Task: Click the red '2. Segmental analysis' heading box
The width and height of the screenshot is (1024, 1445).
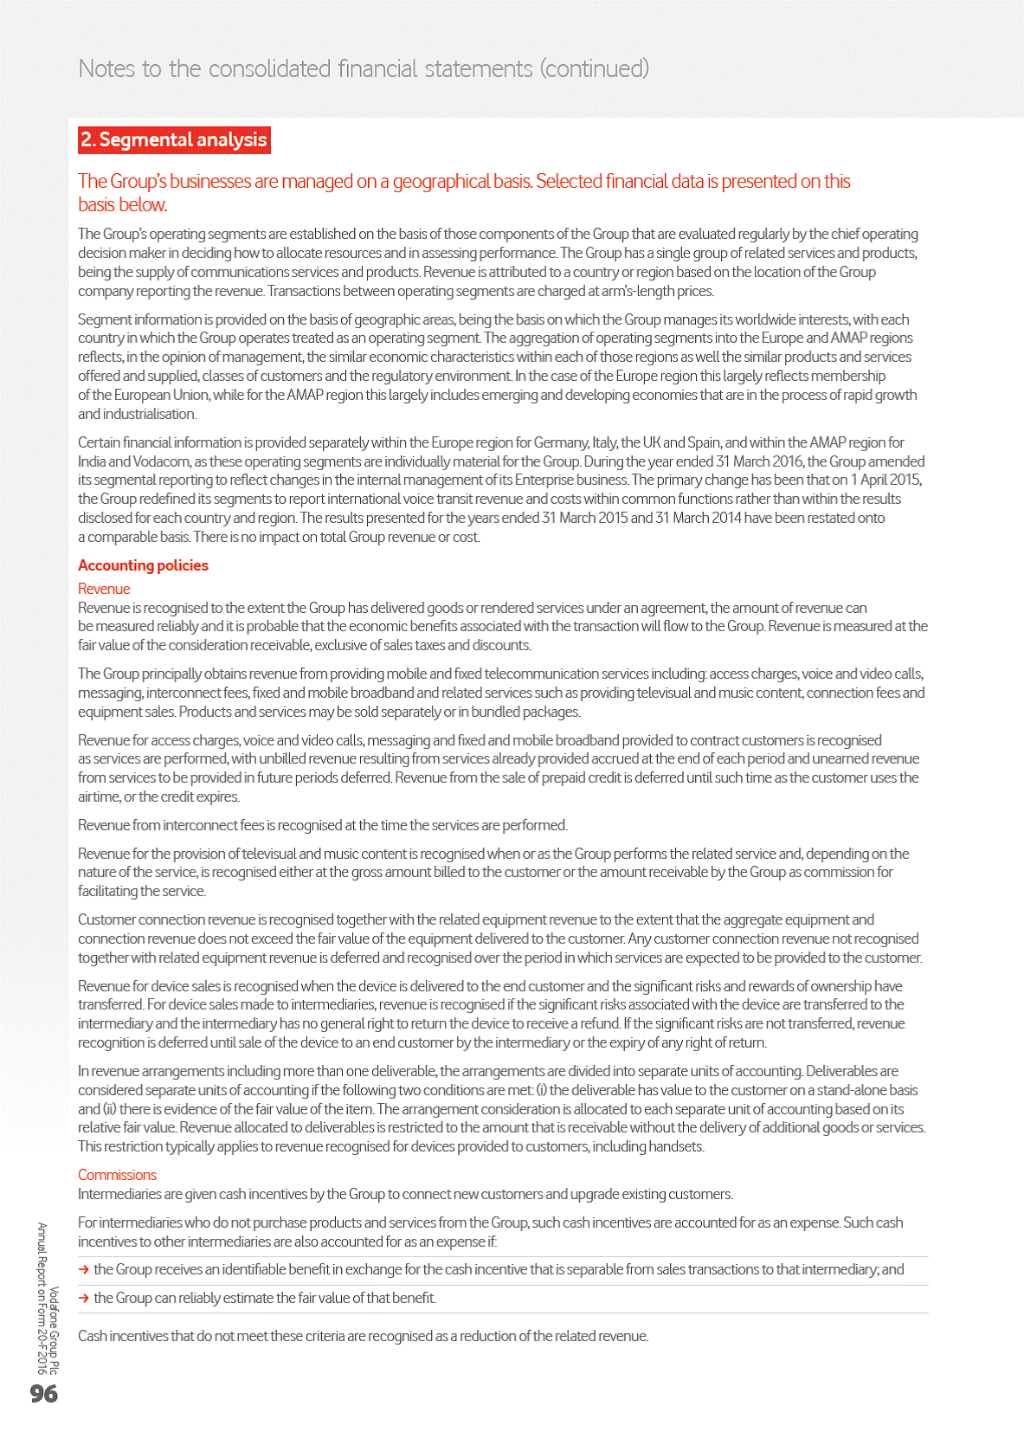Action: (x=174, y=139)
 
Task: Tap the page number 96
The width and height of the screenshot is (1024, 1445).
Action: (x=44, y=1393)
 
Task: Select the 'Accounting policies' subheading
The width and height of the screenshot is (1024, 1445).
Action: (x=143, y=565)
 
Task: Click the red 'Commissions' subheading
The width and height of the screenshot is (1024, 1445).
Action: (x=117, y=1175)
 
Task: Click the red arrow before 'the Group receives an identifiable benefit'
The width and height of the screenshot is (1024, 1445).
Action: (x=84, y=1270)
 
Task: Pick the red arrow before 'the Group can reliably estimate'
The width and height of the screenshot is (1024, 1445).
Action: (x=84, y=1299)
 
